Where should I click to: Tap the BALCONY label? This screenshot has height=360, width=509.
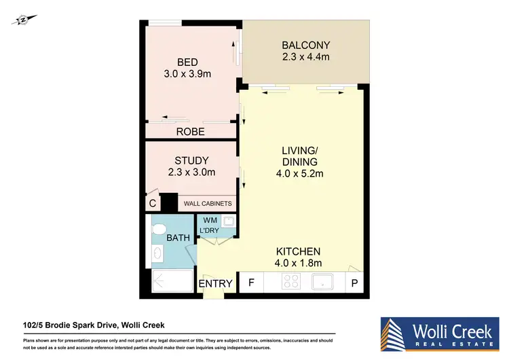click(x=305, y=46)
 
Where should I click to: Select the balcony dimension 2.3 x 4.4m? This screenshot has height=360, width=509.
click(x=305, y=57)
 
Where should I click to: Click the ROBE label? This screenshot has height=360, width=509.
click(x=191, y=132)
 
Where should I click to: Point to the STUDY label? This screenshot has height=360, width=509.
click(x=191, y=160)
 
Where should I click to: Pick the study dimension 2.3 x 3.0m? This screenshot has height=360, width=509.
click(x=191, y=173)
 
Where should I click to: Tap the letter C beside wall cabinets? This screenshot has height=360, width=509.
click(x=153, y=204)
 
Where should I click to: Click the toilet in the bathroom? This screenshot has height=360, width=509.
click(x=159, y=228)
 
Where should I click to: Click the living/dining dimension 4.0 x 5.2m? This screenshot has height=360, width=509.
click(x=300, y=173)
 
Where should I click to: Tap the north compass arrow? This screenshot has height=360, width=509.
click(x=22, y=20)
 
